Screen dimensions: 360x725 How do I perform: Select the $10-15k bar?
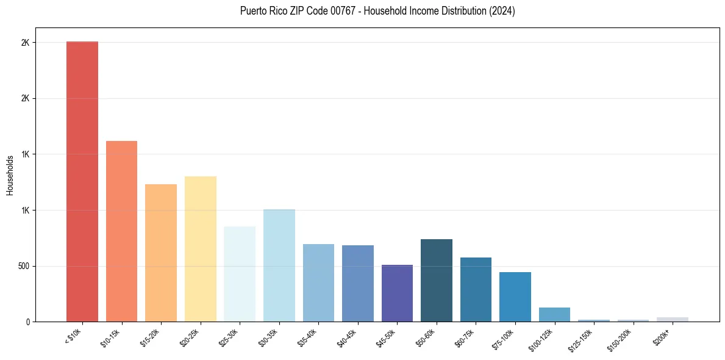click(121, 231)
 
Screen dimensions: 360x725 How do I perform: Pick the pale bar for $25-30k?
click(240, 274)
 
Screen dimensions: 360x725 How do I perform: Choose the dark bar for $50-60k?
click(437, 280)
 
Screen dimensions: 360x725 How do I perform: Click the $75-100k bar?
click(515, 297)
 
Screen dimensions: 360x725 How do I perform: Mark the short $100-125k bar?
click(554, 314)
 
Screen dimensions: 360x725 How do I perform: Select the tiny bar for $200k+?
click(673, 319)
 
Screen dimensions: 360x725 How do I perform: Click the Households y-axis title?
click(10, 175)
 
